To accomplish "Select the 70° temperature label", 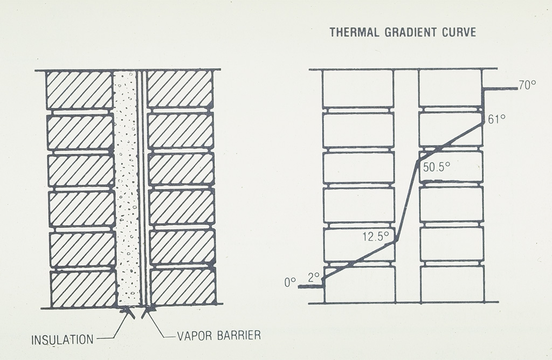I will (527, 85).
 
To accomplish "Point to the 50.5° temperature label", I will (436, 168).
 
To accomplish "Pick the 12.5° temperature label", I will (375, 236).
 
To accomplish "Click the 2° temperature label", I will (314, 276).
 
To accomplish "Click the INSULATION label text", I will (63, 341).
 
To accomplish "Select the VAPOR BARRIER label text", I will (219, 335).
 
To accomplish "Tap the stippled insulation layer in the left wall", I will (126, 189).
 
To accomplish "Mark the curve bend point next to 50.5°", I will (418, 160).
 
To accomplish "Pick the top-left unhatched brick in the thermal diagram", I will (357, 88).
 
